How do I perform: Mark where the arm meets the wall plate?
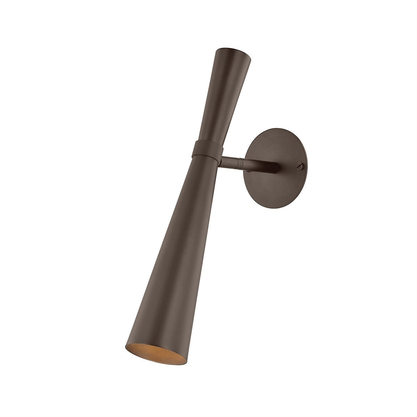pos(276,166)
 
